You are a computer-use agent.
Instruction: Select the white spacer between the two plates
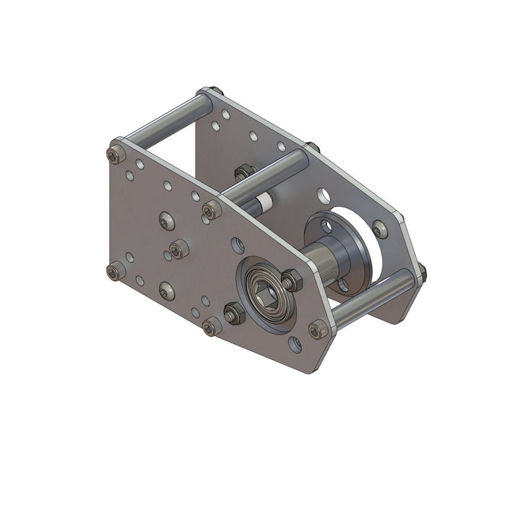[x=265, y=204]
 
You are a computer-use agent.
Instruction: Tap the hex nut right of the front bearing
[x=291, y=280]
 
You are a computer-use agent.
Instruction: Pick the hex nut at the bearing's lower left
[x=234, y=314]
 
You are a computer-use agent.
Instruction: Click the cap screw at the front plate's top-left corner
[x=115, y=154]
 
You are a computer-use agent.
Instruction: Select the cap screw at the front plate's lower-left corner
[x=115, y=272]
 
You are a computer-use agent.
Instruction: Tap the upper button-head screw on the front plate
[x=166, y=219]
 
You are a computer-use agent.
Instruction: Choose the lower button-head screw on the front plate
[x=166, y=291]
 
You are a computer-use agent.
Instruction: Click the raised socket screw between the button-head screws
[x=178, y=250]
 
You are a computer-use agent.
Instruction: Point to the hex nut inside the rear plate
[x=243, y=172]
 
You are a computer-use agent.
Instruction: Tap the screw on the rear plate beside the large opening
[x=380, y=230]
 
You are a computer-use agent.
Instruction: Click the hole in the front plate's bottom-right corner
[x=295, y=344]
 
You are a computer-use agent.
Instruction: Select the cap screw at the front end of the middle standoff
[x=211, y=211]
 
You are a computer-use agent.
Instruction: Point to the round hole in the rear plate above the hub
[x=323, y=195]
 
